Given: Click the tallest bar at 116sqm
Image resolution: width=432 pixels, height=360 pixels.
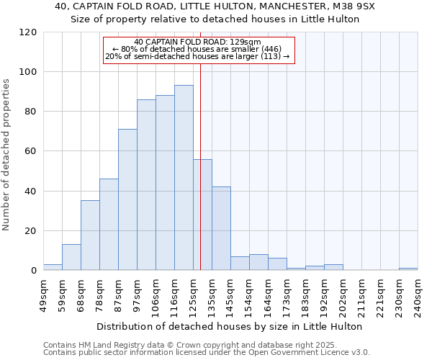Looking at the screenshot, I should (x=184, y=178).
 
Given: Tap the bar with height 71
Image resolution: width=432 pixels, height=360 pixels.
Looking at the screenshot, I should (x=127, y=199).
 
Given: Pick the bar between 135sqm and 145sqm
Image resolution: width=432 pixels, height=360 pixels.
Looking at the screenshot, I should (x=221, y=228).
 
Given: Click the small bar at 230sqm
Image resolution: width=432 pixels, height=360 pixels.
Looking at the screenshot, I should (x=408, y=269).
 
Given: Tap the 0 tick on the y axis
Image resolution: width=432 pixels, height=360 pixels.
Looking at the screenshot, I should (x=34, y=271).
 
